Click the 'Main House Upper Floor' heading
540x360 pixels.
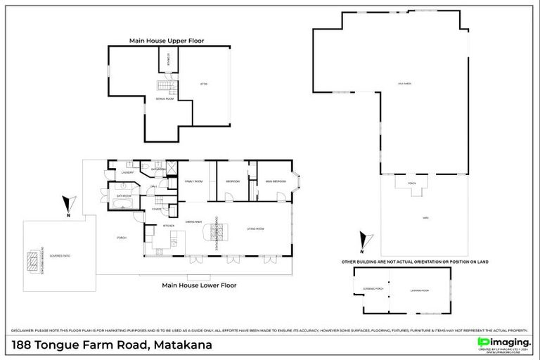(167, 41)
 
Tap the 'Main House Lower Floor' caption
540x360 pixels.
(199, 285)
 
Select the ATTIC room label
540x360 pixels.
(204, 84)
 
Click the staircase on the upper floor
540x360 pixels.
(164, 86)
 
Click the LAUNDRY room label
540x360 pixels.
(128, 172)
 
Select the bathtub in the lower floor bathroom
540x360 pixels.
(122, 205)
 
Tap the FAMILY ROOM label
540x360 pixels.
(193, 181)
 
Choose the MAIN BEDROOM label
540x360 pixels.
(274, 181)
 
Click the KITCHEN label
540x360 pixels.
(169, 226)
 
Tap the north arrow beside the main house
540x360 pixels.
(67, 206)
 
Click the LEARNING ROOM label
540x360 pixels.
(420, 290)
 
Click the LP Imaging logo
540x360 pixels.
(503, 341)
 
